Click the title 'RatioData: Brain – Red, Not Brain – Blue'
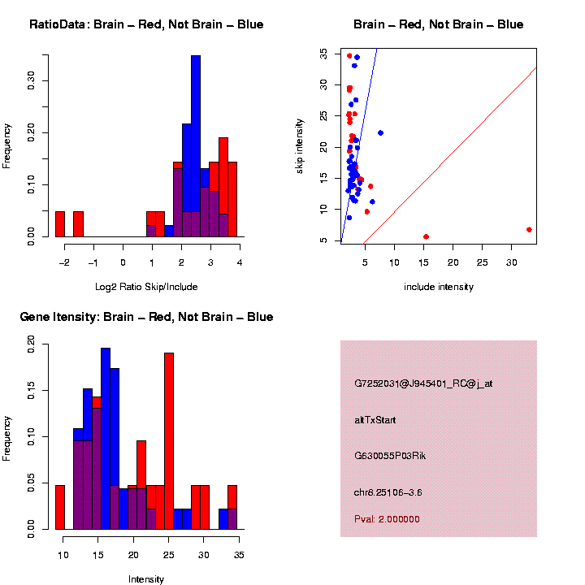pyautogui.click(x=146, y=24)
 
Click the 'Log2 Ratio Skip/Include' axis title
pyautogui.click(x=146, y=287)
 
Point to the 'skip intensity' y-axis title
pyautogui.click(x=300, y=145)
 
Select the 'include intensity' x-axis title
pyautogui.click(x=439, y=287)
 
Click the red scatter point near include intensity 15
pyautogui.click(x=426, y=236)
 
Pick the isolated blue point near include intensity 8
pyautogui.click(x=380, y=133)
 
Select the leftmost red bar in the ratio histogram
pyautogui.click(x=60, y=224)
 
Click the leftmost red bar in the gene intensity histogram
pyautogui.click(x=60, y=507)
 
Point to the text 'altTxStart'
pyautogui.click(x=375, y=420)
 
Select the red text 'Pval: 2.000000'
pyautogui.click(x=387, y=519)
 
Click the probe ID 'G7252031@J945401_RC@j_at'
pyautogui.click(x=423, y=383)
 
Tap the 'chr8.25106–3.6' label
pyautogui.click(x=388, y=492)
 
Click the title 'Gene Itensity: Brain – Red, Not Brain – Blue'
pyautogui.click(x=146, y=317)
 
